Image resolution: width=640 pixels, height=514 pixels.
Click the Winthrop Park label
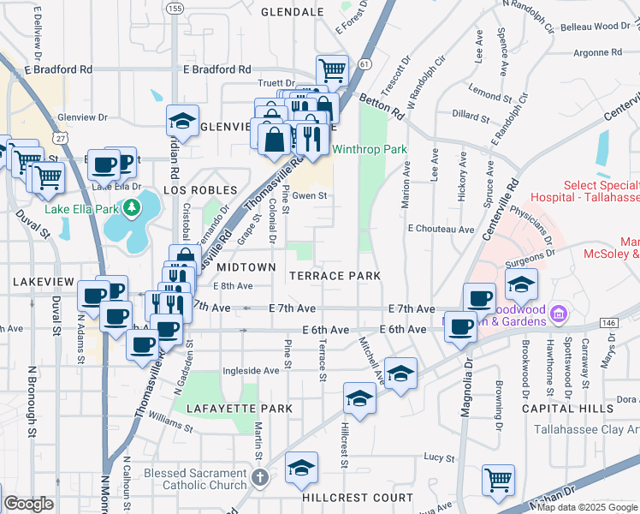click(370, 149)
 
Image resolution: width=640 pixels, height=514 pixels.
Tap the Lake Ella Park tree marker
click(131, 207)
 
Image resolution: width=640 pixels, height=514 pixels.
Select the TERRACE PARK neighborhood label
click(334, 276)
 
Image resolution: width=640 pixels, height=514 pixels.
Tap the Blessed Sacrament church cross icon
click(261, 476)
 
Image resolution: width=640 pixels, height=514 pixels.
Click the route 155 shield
click(175, 9)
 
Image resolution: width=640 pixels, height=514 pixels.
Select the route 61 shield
click(365, 64)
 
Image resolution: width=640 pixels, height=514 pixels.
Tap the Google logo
click(29, 504)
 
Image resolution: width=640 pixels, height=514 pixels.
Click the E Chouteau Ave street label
click(441, 230)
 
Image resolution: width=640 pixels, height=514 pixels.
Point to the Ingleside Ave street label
click(251, 371)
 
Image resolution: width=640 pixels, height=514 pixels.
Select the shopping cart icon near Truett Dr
click(332, 69)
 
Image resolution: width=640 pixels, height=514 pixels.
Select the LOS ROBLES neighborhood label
click(199, 189)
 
